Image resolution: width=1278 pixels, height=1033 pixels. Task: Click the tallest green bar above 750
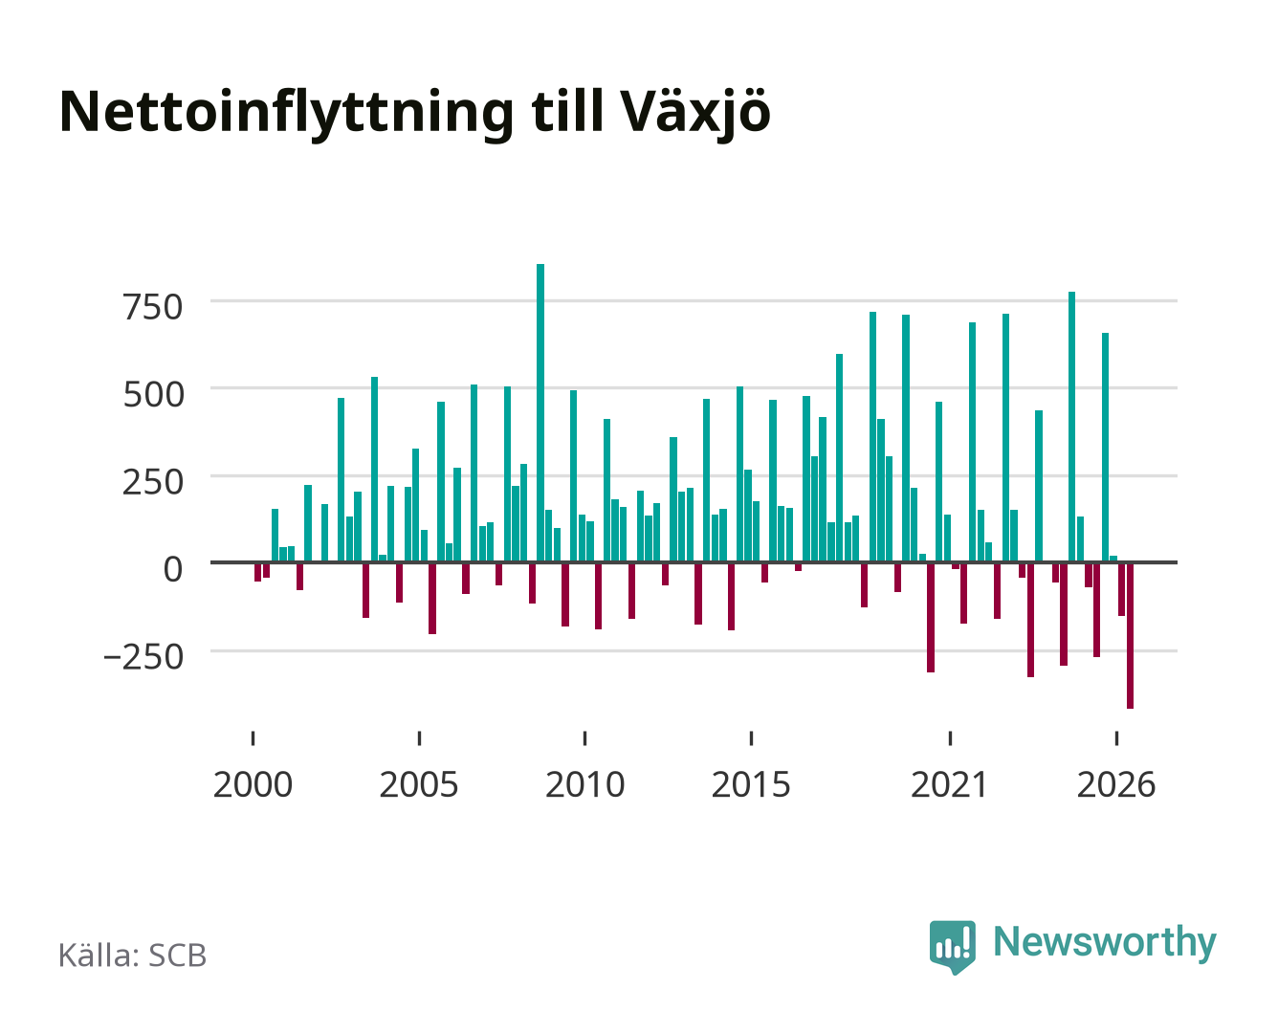coord(540,412)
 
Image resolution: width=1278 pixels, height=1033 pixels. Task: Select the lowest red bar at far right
coord(1130,635)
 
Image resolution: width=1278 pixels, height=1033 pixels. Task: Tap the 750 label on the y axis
coord(152,307)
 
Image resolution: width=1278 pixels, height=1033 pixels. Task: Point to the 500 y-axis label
coord(153,395)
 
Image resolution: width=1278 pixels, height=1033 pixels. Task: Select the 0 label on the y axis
coord(173,569)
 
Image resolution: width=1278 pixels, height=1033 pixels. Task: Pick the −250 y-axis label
coord(143,657)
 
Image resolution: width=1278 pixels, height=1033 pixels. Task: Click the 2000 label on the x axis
coord(253,784)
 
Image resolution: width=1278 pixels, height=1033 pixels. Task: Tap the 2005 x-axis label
coord(419,784)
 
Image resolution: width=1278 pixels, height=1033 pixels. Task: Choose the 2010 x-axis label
coord(585,784)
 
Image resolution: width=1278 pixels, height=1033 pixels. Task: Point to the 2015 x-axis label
coord(751,784)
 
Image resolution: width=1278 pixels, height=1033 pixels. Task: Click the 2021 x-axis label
coord(949,784)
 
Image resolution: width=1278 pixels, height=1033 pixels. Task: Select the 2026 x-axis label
coord(1116,784)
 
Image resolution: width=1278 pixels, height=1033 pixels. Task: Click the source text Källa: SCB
coord(132,955)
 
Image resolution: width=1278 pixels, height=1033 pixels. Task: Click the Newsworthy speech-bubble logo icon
coord(952,947)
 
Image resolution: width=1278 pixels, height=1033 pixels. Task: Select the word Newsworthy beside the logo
coord(1105,943)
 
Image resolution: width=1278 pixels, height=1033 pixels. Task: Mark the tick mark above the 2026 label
coord(1116,737)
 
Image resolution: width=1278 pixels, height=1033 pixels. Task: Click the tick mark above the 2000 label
coord(253,737)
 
